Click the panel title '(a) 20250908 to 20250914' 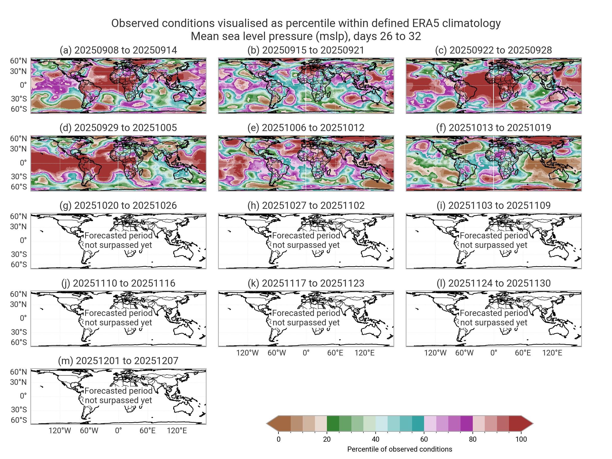click(118, 50)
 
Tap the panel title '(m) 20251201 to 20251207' click(118, 361)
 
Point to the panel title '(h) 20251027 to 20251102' click(306, 205)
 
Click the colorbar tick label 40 click(375, 439)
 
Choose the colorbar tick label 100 click(521, 439)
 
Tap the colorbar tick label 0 click(279, 439)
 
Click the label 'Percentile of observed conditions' click(400, 449)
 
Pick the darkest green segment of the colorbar click(333, 423)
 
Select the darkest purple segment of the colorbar click(466, 423)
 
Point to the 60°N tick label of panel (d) click(19, 138)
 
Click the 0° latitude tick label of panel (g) click(23, 240)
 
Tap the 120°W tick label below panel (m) click(60, 430)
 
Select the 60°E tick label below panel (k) click(335, 353)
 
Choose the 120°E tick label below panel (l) click(552, 353)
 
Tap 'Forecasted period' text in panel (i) click(494, 235)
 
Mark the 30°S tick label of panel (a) click(19, 99)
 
